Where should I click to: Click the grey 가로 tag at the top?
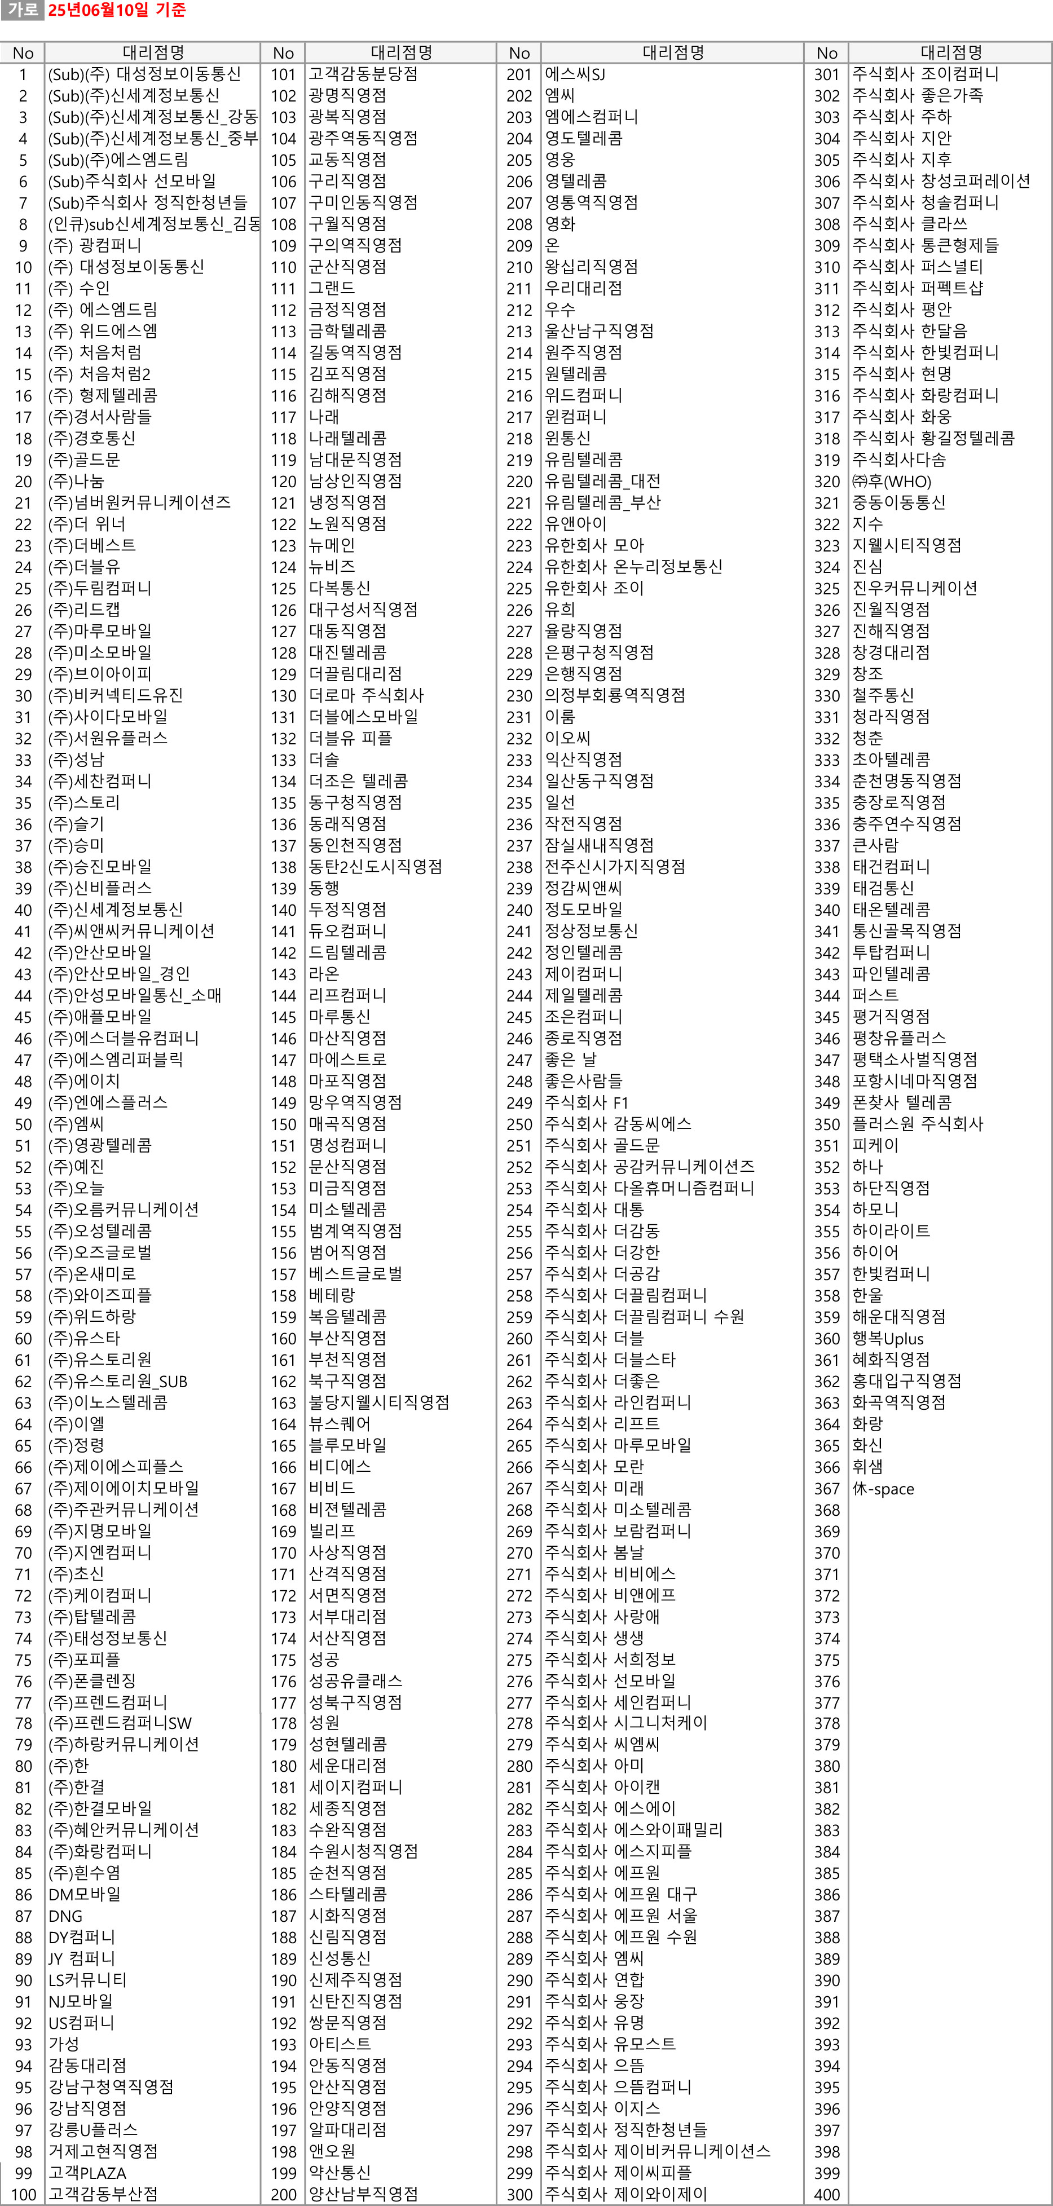(21, 10)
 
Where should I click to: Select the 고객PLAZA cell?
(87, 2173)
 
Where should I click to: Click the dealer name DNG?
(66, 1916)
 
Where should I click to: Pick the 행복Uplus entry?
(888, 1338)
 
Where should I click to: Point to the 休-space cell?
(883, 1488)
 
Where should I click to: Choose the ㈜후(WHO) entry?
(891, 481)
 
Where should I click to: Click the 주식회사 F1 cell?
(587, 1102)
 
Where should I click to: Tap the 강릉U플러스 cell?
(92, 2130)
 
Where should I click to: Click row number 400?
(827, 2194)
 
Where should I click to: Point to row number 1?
(23, 74)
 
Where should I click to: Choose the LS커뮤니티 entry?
(87, 1980)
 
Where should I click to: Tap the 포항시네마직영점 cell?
(914, 1081)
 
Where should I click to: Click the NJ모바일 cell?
(81, 2001)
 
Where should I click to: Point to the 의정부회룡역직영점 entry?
(615, 695)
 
